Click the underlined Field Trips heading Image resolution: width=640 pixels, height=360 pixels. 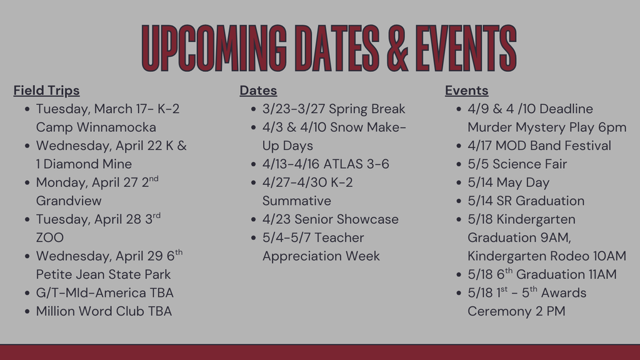[x=46, y=91]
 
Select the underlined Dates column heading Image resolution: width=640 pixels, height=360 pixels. [x=258, y=91]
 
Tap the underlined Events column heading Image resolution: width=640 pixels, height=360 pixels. [x=466, y=91]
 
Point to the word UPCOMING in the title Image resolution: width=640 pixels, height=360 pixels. [x=214, y=49]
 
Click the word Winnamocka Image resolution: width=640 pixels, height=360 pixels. [x=116, y=127]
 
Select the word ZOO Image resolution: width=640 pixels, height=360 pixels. [x=50, y=237]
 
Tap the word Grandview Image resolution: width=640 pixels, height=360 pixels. [x=69, y=201]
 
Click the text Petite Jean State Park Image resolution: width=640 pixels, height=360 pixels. [x=103, y=274]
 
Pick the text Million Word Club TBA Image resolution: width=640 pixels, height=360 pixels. [x=104, y=311]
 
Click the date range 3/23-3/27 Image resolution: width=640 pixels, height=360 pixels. [x=294, y=109]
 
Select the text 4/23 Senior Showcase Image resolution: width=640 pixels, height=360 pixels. [x=330, y=219]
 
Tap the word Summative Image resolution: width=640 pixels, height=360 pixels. [x=297, y=201]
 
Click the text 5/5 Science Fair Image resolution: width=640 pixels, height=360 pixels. [x=517, y=164]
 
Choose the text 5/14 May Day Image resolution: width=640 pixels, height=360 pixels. [x=508, y=182]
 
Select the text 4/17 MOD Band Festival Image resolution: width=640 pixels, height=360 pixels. [x=539, y=146]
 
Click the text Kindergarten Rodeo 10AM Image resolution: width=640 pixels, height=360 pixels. [x=546, y=256]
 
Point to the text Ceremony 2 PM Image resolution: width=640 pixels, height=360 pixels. [x=516, y=311]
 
